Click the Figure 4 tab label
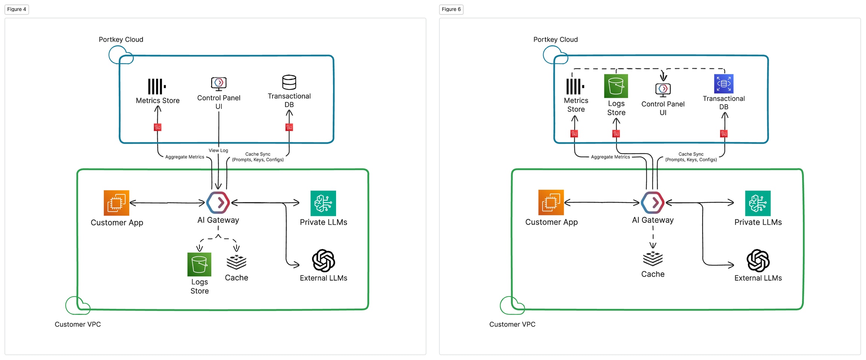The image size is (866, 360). tap(17, 9)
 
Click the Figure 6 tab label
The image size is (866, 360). tap(451, 9)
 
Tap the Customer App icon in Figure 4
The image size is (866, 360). tap(117, 203)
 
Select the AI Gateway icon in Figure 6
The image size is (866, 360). tap(653, 203)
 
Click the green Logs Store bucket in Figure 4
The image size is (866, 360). tap(199, 264)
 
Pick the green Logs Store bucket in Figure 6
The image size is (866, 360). tap(616, 86)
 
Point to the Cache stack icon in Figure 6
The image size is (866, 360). tap(653, 258)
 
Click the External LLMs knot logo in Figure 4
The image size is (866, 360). tap(323, 260)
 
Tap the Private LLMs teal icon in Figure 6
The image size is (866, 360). tap(758, 203)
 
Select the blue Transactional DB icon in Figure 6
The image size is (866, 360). tap(724, 83)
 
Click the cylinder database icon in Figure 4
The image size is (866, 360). tap(289, 82)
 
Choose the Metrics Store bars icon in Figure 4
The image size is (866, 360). tap(157, 86)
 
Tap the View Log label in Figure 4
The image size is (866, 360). tap(218, 150)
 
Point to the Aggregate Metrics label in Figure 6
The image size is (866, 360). tap(610, 157)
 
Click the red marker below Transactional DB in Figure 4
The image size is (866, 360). tap(289, 127)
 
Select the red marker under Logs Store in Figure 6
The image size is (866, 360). tap(616, 134)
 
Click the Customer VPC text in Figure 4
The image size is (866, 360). tap(78, 324)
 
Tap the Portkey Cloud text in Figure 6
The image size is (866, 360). tap(555, 39)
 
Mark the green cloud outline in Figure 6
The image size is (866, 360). tap(512, 305)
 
